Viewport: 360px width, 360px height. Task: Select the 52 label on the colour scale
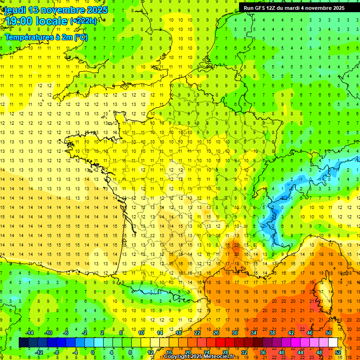[x=338, y=352]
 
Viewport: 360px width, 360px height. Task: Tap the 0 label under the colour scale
[x=93, y=352]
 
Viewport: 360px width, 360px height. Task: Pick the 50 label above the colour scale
[x=328, y=333]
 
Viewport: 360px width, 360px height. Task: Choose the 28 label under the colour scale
[x=225, y=352]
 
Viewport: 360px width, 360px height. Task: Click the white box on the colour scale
[x=333, y=343]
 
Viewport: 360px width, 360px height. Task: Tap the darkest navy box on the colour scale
[x=23, y=343]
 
